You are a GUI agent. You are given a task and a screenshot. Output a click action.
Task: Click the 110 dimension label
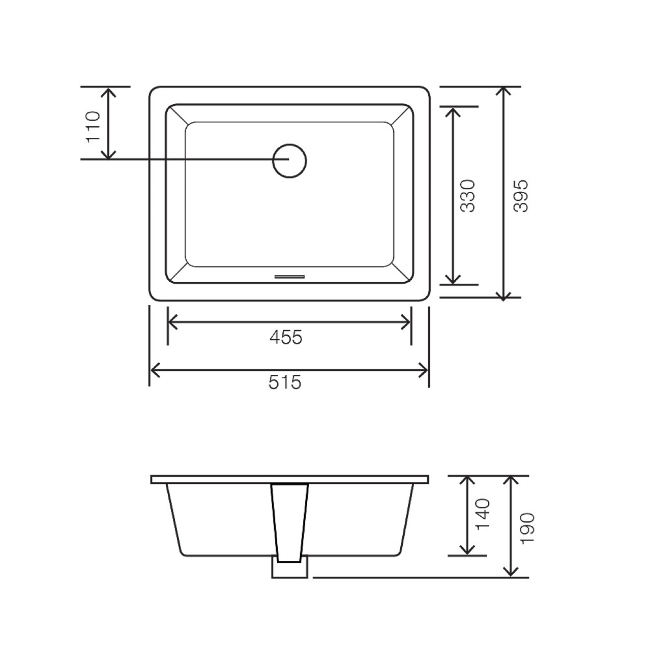[x=95, y=127]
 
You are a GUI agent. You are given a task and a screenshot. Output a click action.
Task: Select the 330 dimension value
[x=467, y=196]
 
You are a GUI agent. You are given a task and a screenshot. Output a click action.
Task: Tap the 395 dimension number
[x=521, y=196]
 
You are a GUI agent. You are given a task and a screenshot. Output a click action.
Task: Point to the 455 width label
[x=286, y=337]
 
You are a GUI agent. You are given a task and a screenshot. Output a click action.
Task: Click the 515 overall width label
[x=285, y=382]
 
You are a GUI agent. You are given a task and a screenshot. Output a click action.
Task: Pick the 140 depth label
[x=483, y=514]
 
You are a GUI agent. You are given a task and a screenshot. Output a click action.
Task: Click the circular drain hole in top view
[x=289, y=161]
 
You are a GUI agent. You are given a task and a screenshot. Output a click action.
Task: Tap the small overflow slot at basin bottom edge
[x=289, y=277]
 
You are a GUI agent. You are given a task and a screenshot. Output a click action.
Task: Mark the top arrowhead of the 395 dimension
[x=503, y=91]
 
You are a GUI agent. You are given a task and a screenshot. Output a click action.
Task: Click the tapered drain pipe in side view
[x=290, y=521]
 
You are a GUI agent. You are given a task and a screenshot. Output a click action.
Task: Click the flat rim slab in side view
[x=290, y=480]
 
